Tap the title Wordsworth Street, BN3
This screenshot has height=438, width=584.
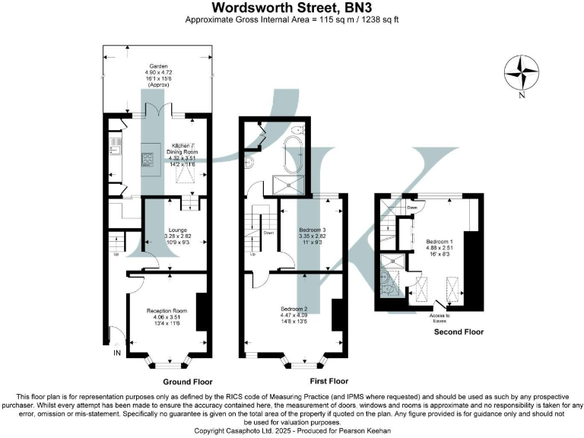click(292, 8)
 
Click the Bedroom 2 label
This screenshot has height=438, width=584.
click(295, 309)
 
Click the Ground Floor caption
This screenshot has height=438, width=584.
click(187, 382)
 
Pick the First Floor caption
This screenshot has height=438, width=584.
click(329, 381)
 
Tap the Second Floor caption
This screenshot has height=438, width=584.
click(458, 332)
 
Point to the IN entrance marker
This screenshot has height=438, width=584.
click(116, 354)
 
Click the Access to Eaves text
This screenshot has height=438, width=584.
click(440, 317)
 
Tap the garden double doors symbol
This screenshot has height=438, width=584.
click(157, 110)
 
